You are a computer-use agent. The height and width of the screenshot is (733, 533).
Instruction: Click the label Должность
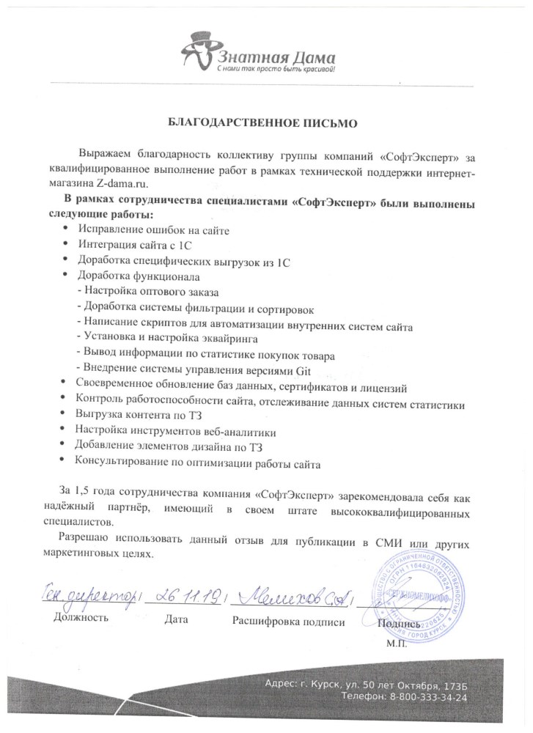(81, 619)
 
